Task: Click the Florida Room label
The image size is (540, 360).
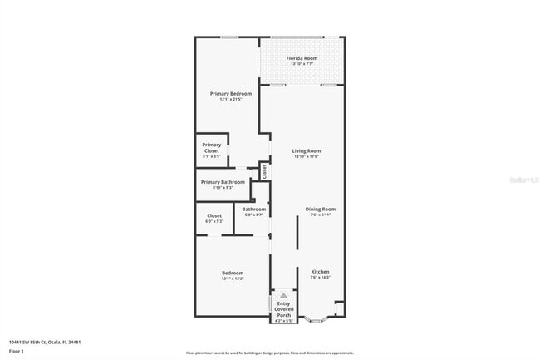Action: (x=302, y=58)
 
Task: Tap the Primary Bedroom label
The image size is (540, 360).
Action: (x=230, y=94)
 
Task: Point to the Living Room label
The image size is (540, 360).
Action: (x=306, y=151)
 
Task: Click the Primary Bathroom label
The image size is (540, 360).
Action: (x=223, y=182)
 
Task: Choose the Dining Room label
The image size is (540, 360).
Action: (x=320, y=209)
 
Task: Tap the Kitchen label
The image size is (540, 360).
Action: (x=320, y=272)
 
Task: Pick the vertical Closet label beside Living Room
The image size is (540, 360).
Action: (x=264, y=170)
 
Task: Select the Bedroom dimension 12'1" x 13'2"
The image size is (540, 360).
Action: (x=232, y=279)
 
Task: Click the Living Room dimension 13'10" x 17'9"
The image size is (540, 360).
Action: (x=306, y=156)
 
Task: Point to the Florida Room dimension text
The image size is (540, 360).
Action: (x=302, y=63)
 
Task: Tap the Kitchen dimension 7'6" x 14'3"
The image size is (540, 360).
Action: (x=320, y=278)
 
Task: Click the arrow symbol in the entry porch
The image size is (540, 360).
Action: (x=284, y=295)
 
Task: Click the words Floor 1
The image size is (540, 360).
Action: (x=17, y=351)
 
